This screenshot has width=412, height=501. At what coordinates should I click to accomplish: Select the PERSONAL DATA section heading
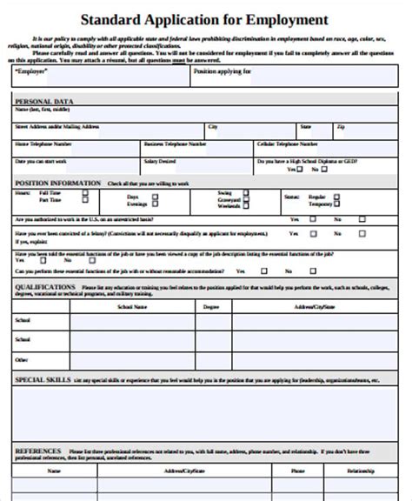pyautogui.click(x=44, y=102)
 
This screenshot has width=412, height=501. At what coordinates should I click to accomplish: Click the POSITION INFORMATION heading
pyautogui.click(x=56, y=184)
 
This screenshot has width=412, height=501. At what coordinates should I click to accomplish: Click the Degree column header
pyautogui.click(x=211, y=307)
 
